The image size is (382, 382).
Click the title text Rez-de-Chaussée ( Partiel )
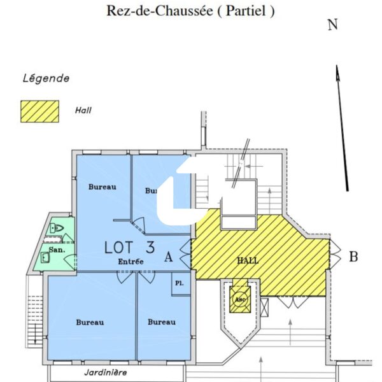click(190, 11)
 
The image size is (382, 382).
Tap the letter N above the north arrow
click(332, 25)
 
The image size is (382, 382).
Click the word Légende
click(46, 79)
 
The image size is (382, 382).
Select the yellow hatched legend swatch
click(40, 110)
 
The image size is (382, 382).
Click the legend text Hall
click(83, 110)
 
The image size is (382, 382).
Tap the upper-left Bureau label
click(102, 187)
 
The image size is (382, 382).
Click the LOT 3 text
click(130, 246)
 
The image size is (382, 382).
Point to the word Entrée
click(131, 261)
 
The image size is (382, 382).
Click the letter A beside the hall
click(169, 257)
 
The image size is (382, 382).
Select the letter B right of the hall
click(353, 257)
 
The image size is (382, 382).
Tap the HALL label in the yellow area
click(248, 261)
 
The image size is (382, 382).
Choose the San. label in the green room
click(57, 250)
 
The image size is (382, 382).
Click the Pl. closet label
click(179, 283)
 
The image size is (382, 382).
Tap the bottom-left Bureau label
click(90, 322)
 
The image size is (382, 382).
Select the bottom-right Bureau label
click(162, 322)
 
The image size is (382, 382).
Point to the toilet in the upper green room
click(57, 227)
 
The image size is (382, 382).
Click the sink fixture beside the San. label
click(43, 258)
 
